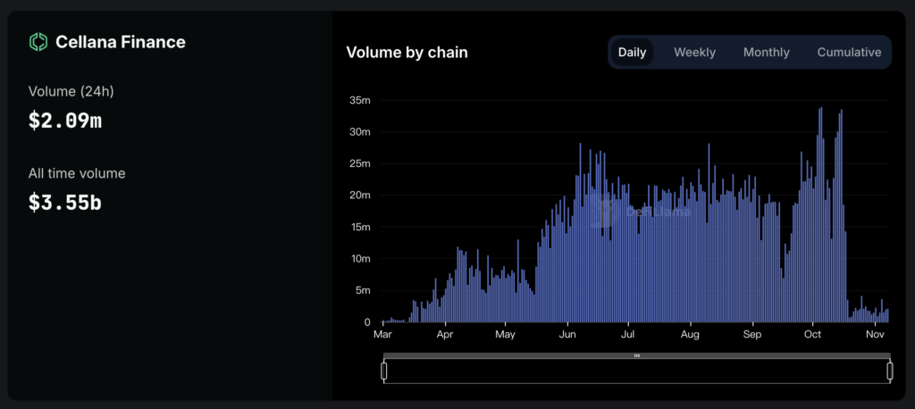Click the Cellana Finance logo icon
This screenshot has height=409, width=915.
point(38,42)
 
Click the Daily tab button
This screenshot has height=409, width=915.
point(632,52)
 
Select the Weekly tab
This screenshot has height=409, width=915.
point(694,52)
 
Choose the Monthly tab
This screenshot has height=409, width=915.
point(766,52)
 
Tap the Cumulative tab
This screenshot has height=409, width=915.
point(849,52)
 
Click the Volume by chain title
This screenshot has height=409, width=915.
point(407,53)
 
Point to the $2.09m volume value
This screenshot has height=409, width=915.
point(65,121)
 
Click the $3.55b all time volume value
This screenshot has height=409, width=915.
point(65,203)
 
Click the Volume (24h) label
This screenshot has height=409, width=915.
point(71,91)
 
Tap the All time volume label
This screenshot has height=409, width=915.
point(77,173)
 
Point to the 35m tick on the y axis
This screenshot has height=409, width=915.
point(360,100)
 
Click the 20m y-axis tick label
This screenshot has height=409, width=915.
point(360,196)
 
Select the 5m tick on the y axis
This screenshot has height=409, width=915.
point(363,290)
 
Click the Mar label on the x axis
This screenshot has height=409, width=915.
point(382,336)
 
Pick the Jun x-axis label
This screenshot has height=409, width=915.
point(567,336)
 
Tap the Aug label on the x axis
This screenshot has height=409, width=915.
point(690,336)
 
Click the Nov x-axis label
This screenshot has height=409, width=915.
point(875,336)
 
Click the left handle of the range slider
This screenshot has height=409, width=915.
point(384,371)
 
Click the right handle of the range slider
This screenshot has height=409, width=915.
point(889,371)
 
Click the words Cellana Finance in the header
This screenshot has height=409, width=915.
point(121,42)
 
